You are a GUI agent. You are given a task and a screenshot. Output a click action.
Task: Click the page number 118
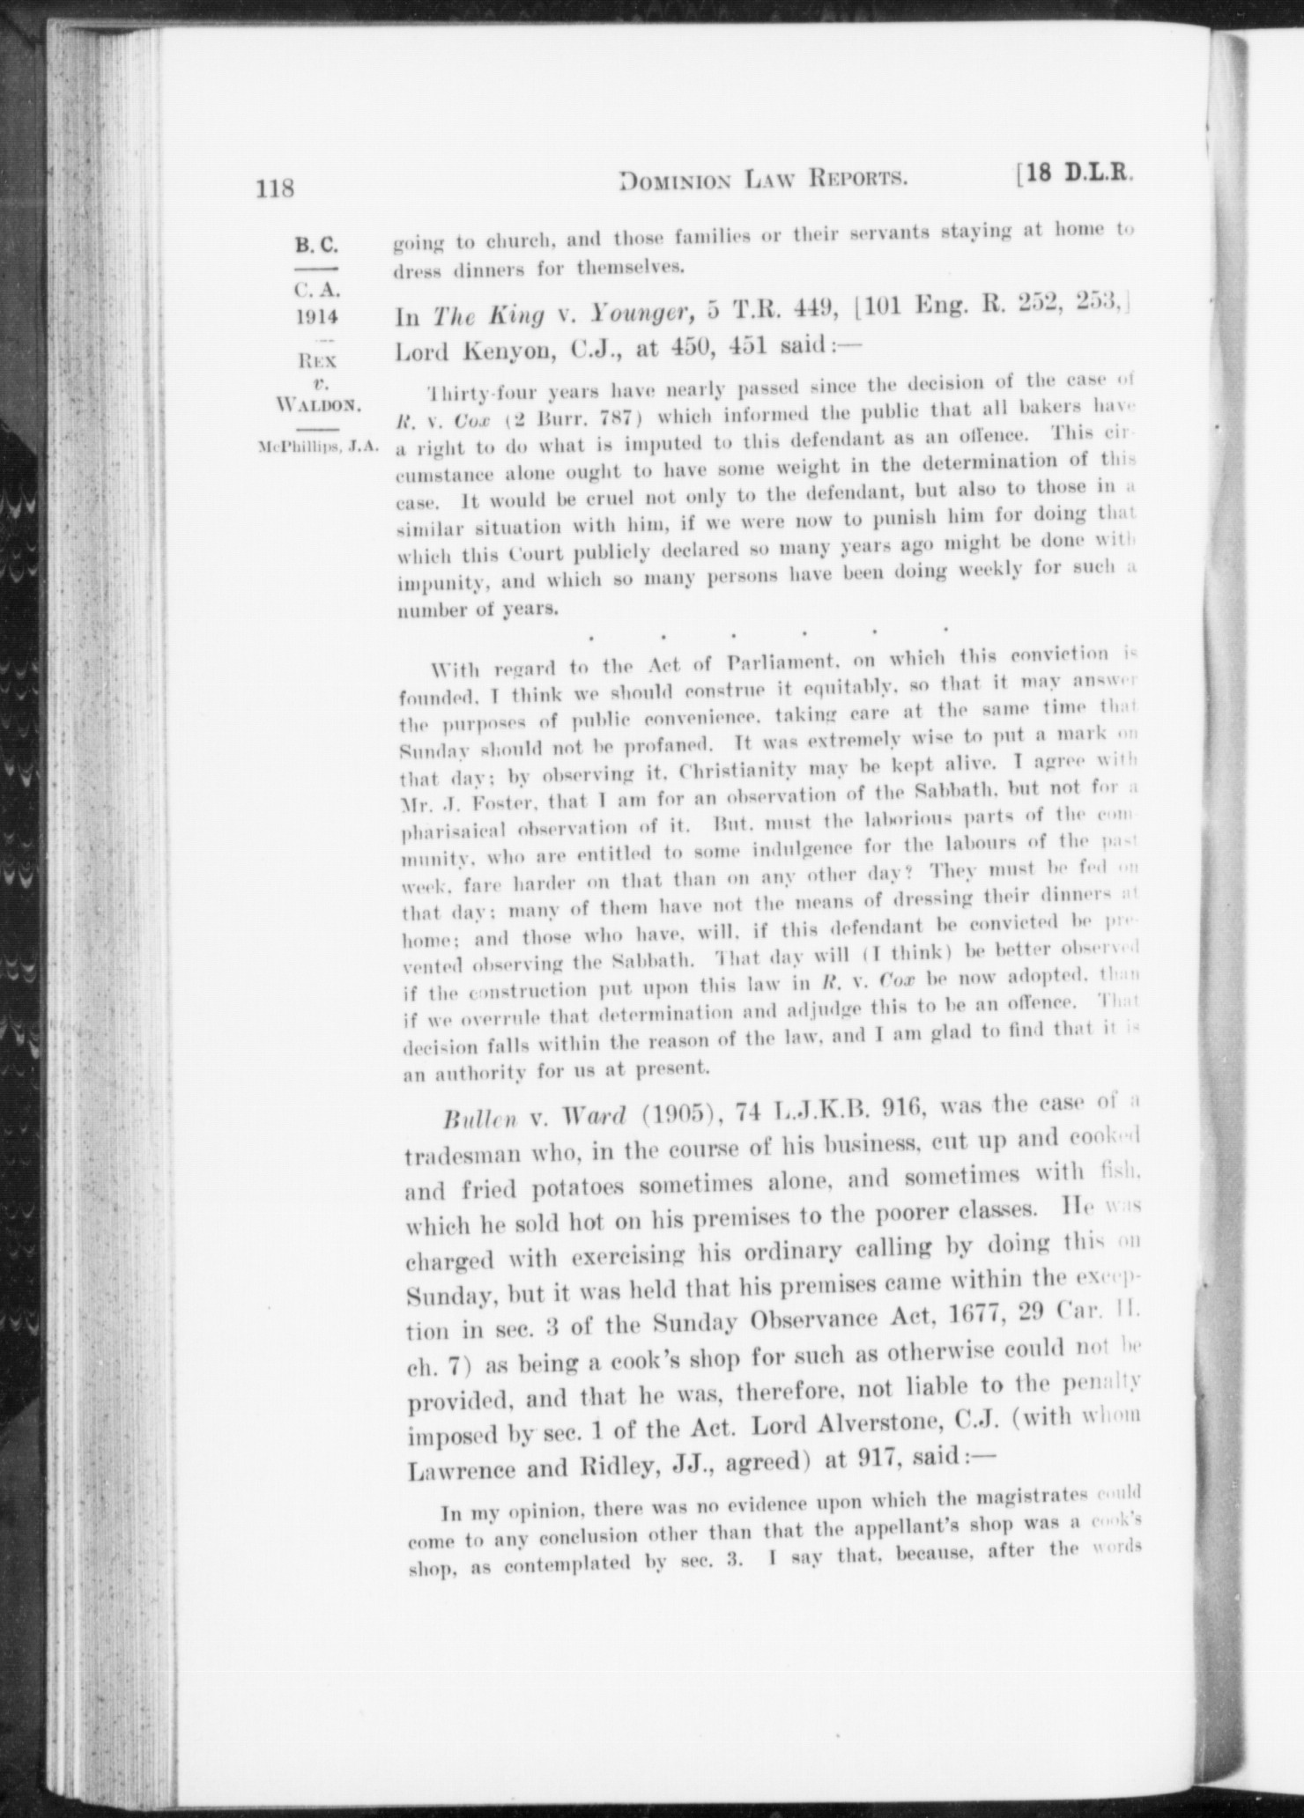[274, 188]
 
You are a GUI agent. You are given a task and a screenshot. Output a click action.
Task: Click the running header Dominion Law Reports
[764, 181]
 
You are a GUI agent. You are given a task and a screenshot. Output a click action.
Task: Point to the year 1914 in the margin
[316, 316]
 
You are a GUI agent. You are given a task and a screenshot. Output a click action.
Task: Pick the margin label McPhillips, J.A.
[314, 446]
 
